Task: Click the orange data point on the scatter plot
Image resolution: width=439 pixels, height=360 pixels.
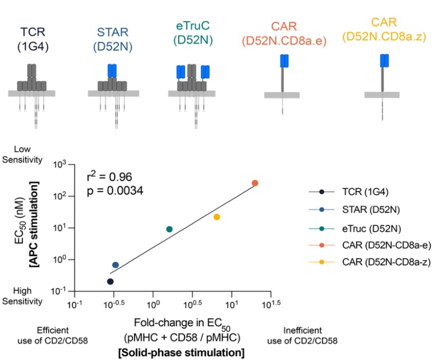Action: pyautogui.click(x=255, y=183)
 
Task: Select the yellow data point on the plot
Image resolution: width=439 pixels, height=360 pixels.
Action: pyautogui.click(x=217, y=217)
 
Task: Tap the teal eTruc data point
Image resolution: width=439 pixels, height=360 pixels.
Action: pyautogui.click(x=169, y=229)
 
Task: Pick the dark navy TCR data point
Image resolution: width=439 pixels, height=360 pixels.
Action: pyautogui.click(x=110, y=281)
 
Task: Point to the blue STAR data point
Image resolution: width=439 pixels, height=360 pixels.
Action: pyautogui.click(x=115, y=265)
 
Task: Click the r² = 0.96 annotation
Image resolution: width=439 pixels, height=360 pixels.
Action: pyautogui.click(x=110, y=177)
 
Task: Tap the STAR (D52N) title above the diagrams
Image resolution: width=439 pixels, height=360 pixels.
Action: pyautogui.click(x=112, y=39)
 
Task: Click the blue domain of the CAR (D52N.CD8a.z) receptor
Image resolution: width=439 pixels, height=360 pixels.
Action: pyautogui.click(x=384, y=61)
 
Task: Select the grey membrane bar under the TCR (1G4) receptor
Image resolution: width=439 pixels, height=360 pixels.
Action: pyautogui.click(x=32, y=93)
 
